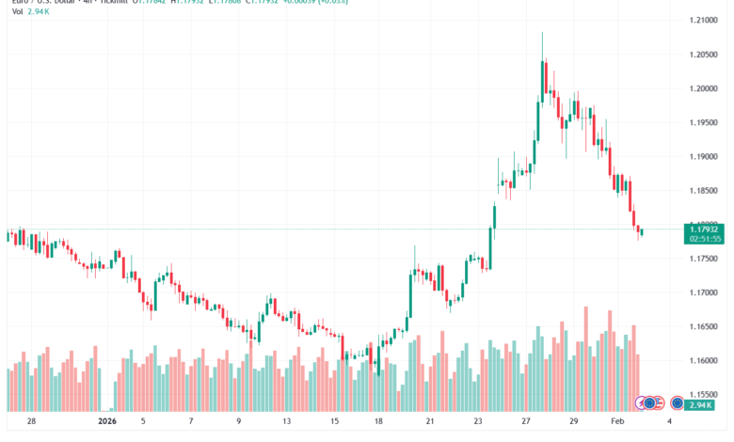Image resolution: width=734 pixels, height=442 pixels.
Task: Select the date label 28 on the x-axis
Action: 31,422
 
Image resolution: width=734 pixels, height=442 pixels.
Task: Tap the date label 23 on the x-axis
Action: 479,422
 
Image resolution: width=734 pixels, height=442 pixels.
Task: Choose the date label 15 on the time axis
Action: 335,422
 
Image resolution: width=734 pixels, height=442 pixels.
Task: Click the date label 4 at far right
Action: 668,422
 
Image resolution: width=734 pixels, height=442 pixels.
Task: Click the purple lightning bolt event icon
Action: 644,403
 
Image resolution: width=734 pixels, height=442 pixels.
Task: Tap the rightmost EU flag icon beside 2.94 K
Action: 676,403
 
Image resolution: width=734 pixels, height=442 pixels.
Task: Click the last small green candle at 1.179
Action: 641,231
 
